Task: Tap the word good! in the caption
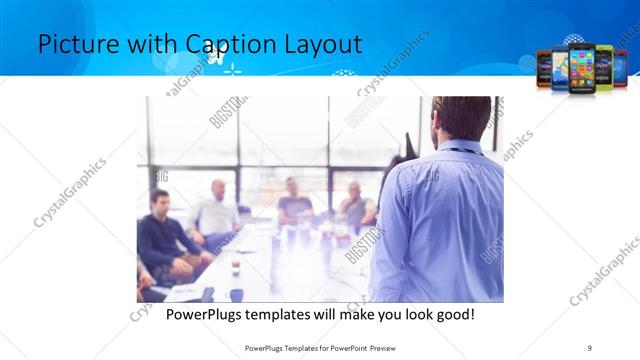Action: pos(453,315)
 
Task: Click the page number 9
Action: pos(590,348)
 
